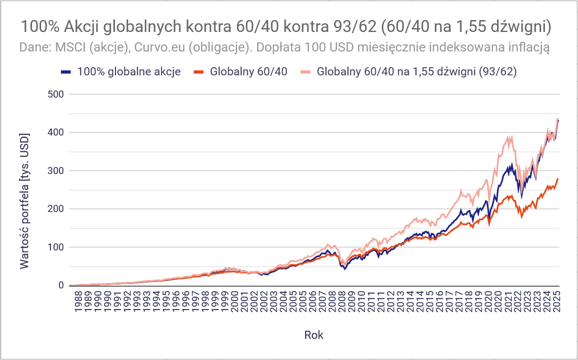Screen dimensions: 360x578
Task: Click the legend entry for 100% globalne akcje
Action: pos(129,72)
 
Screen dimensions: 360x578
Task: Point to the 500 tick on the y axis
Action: pos(56,94)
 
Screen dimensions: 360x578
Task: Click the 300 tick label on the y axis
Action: pos(56,171)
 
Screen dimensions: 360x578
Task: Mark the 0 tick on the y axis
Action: pos(61,286)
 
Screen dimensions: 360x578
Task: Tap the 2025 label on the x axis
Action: pos(557,304)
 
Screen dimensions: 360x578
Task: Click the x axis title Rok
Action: pos(314,335)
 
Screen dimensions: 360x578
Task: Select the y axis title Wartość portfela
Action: pos(24,200)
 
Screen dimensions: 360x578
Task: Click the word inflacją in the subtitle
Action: pos(526,47)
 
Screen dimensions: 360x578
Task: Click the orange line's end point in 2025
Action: pos(558,179)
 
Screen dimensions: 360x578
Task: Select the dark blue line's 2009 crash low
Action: pos(345,269)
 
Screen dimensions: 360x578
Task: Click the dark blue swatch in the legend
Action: pos(66,72)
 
